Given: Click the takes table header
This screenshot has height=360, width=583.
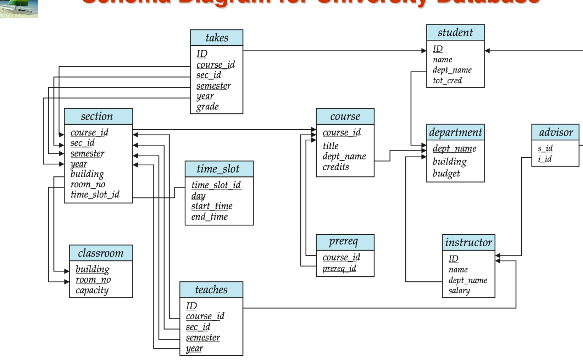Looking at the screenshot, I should click(x=217, y=38).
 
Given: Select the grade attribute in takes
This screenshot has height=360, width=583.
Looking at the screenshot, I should click(x=207, y=107).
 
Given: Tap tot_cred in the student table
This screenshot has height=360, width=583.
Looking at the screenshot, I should click(x=447, y=80).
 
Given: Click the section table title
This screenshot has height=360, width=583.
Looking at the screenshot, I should click(x=97, y=116).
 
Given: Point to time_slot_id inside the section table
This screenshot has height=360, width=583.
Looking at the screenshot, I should click(x=95, y=195).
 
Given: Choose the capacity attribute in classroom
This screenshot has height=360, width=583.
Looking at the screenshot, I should click(x=92, y=291).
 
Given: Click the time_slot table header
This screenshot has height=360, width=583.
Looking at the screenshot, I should click(x=218, y=169).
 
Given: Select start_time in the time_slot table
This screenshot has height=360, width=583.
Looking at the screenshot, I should click(x=212, y=206).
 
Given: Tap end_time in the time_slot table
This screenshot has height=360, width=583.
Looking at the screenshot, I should click(x=210, y=217).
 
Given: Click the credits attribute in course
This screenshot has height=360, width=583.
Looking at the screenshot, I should click(x=335, y=167).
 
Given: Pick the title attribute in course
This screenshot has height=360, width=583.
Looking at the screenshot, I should click(x=331, y=146).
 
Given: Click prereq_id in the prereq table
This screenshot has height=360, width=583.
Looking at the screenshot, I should click(x=339, y=269).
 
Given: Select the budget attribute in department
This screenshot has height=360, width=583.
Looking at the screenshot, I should click(x=446, y=174).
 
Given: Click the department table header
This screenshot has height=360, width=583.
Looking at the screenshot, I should click(x=455, y=132).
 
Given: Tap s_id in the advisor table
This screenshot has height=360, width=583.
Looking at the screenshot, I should click(x=545, y=148).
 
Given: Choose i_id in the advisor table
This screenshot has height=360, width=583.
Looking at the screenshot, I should click(x=545, y=159).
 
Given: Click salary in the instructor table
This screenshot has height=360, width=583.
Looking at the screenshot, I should click(x=459, y=291).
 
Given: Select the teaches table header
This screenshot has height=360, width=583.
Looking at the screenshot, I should click(x=211, y=289).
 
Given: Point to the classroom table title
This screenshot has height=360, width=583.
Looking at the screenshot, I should click(x=101, y=253).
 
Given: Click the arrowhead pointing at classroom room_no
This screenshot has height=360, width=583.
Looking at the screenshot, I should click(x=67, y=282).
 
